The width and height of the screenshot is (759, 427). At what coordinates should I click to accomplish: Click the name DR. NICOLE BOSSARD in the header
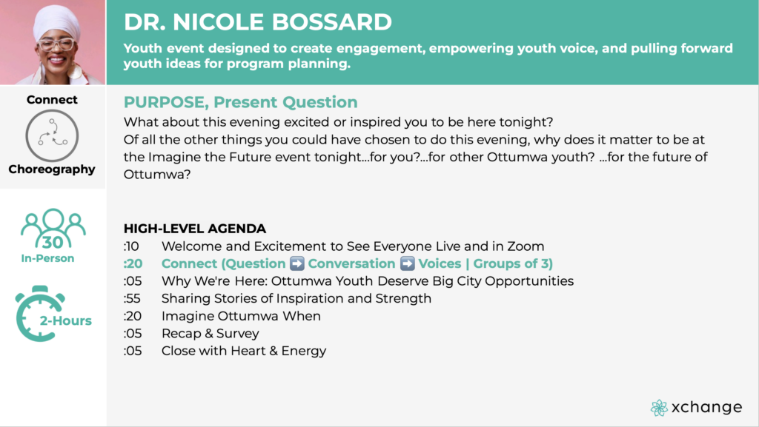(x=257, y=21)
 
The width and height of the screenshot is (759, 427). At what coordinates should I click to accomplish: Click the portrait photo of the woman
(x=53, y=42)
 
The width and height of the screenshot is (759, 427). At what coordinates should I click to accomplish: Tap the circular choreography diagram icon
(x=52, y=135)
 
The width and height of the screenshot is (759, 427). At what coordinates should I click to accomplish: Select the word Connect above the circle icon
(x=52, y=99)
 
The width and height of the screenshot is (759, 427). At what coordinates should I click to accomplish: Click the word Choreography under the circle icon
(x=52, y=169)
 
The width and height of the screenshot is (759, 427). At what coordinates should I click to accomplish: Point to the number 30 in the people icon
(x=53, y=242)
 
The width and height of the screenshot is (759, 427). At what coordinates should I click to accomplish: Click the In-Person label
(x=47, y=258)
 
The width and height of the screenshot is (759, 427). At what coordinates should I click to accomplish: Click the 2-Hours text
(x=65, y=320)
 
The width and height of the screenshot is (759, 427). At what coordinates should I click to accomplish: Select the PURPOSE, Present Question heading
(x=241, y=102)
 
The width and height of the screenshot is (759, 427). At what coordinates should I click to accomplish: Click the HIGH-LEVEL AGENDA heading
(x=195, y=229)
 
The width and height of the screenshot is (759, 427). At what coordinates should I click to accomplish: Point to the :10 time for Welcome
(x=131, y=246)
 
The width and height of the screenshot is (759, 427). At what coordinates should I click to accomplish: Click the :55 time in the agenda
(x=132, y=298)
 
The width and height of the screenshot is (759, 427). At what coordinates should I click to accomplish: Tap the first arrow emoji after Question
(x=296, y=263)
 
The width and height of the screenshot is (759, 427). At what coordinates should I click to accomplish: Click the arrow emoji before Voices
(x=407, y=263)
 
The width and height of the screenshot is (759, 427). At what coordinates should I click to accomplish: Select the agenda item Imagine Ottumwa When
(x=241, y=316)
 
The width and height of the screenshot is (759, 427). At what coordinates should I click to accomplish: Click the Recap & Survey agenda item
(x=210, y=333)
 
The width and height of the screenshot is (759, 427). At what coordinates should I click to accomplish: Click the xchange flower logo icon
(x=659, y=408)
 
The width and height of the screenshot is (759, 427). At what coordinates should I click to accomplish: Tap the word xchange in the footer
(x=706, y=407)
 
